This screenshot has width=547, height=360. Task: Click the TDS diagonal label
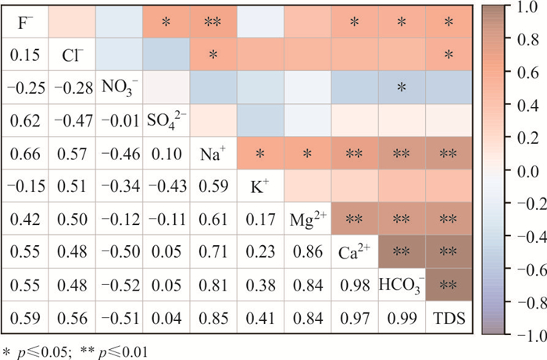pos(449,319)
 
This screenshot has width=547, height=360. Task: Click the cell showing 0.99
pos(402,319)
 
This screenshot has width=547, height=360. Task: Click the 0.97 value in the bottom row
pos(354,319)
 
